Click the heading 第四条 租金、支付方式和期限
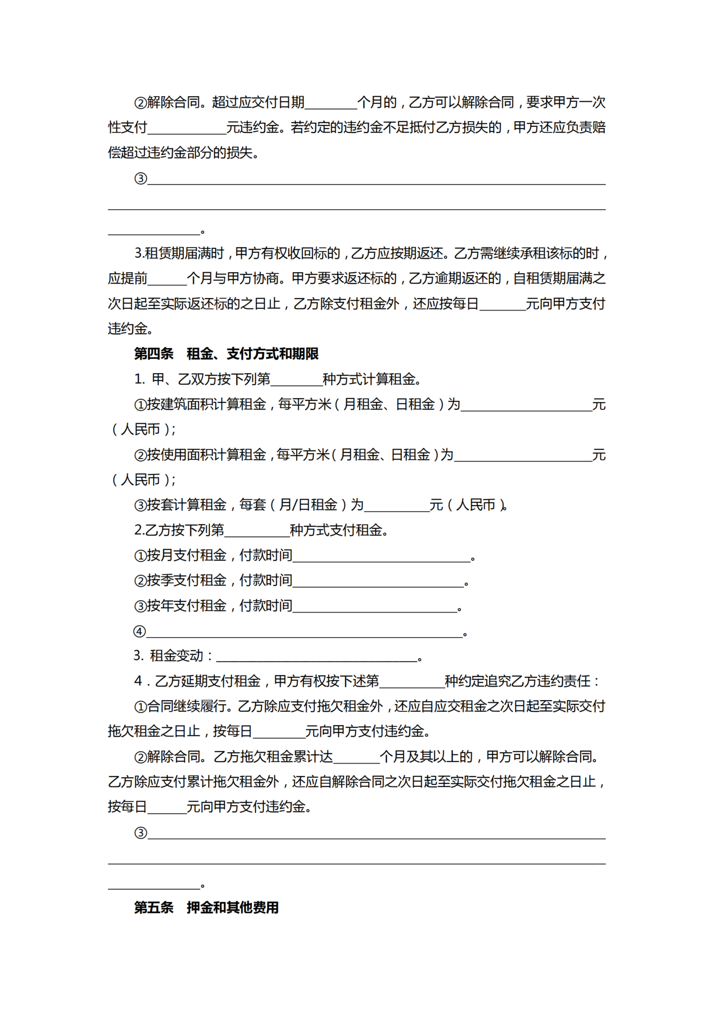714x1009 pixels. pos(226,354)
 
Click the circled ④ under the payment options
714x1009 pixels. pos(139,632)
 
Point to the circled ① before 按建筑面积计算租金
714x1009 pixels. pos(140,405)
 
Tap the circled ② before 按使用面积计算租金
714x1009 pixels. pos(140,455)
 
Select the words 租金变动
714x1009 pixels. pos(176,656)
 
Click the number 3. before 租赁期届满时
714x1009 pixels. pos(139,253)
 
